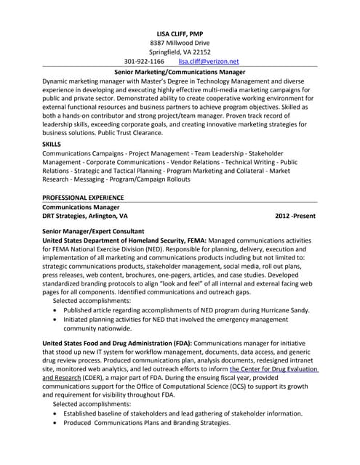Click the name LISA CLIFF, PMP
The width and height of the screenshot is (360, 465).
(180, 34)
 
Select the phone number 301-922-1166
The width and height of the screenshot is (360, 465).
(145, 62)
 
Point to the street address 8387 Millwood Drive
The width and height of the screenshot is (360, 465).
(180, 44)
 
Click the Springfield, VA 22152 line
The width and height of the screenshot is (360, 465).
(180, 52)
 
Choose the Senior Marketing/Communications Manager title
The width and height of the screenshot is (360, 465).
(180, 73)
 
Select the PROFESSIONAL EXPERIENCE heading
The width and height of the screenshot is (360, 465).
(82, 198)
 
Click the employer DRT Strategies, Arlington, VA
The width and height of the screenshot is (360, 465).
(85, 217)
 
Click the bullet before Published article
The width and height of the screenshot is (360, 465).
(57, 310)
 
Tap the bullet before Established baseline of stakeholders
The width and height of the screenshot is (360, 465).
(57, 413)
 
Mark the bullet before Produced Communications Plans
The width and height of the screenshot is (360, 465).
(57, 423)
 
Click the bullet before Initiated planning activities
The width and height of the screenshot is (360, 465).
(57, 319)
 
